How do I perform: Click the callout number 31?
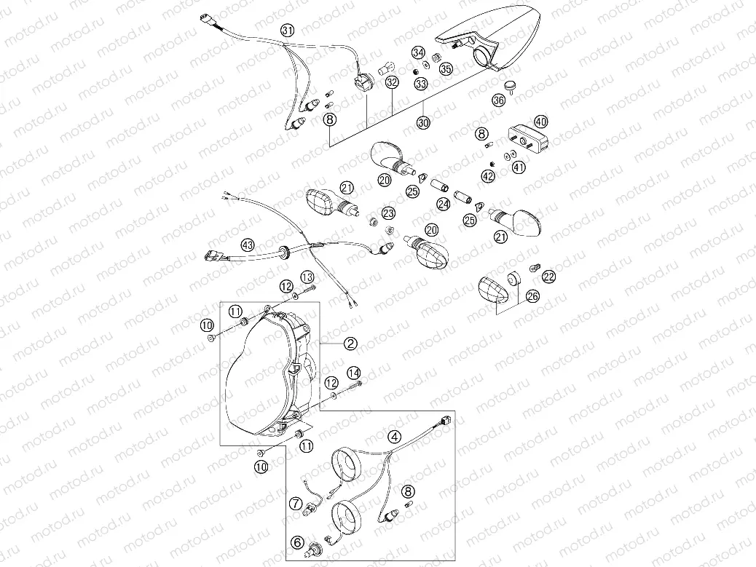coord(288,30)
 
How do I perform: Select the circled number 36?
coord(498,100)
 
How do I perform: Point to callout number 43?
coord(248,245)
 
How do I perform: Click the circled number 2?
coord(351,342)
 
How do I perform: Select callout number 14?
coord(354,373)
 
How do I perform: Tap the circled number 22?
coord(548,275)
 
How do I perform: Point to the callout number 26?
coord(532,296)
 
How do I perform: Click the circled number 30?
coord(424,123)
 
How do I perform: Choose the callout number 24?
coord(443,206)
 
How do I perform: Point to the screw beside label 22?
coord(533,269)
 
